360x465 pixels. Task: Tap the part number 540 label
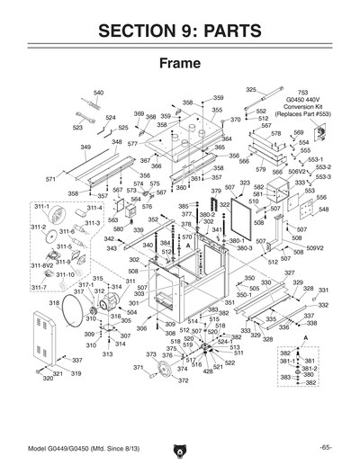coord(98,93)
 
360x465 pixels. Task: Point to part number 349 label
coord(85,147)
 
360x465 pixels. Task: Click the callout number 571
coord(51,179)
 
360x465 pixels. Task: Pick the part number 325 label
coord(251,89)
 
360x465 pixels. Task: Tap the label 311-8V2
coord(43,266)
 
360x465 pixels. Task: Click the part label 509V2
coord(314,248)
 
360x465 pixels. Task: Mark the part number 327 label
coord(289,273)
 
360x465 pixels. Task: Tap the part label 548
coord(323,209)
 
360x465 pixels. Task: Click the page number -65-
coord(325,446)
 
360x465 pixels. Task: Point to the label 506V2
coord(298,171)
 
